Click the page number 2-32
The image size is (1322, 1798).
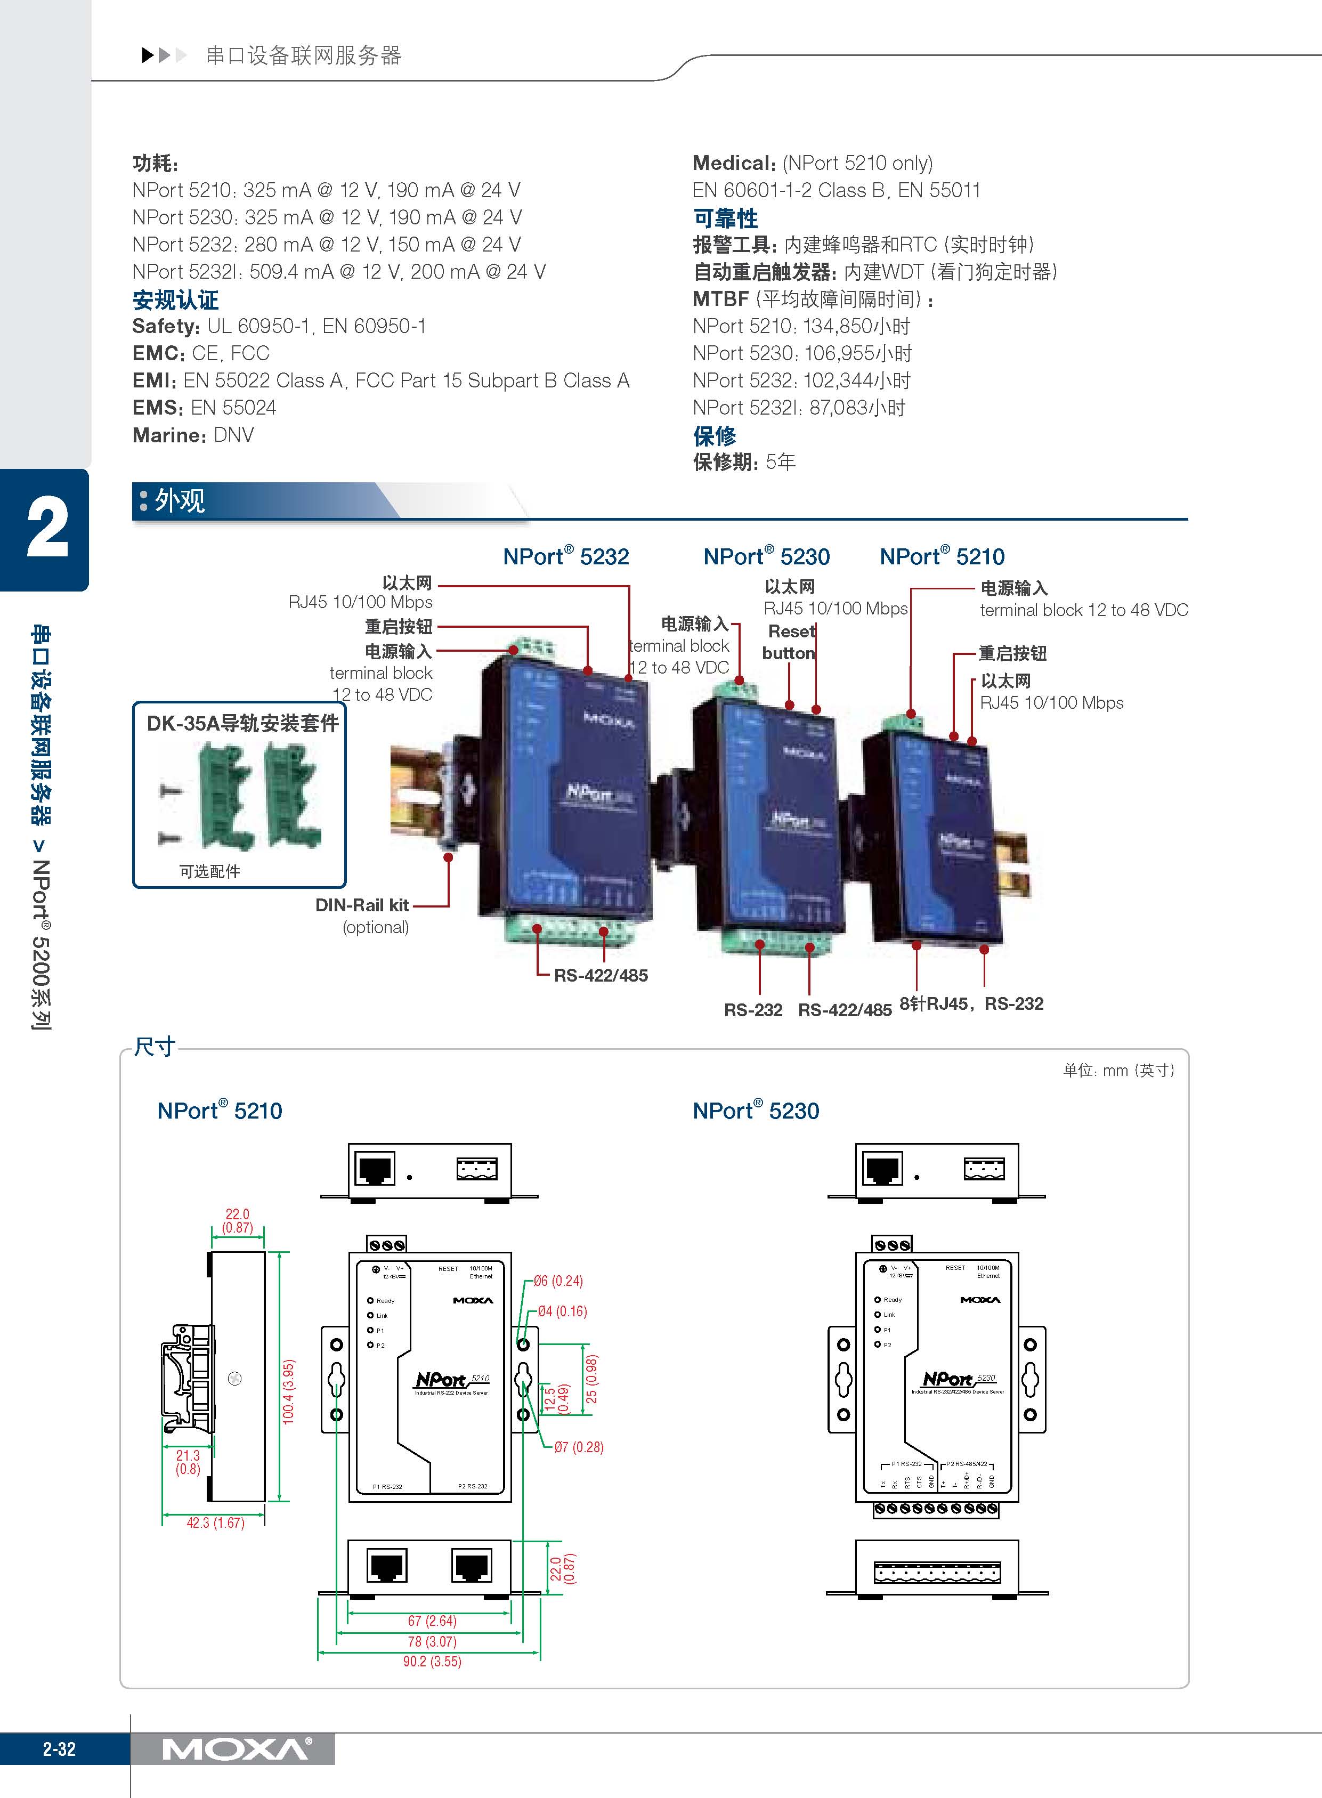[x=59, y=1749]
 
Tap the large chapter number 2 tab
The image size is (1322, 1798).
[x=46, y=528]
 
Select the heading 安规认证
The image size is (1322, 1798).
[x=175, y=300]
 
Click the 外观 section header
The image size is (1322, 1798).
[x=180, y=501]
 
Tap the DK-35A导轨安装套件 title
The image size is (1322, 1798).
[x=242, y=723]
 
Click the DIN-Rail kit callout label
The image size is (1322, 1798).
[x=362, y=905]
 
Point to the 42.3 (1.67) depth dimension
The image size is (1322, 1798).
[x=215, y=1522]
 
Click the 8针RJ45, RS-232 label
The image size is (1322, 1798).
[x=971, y=1003]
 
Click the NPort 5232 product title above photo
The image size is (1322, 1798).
[x=566, y=556]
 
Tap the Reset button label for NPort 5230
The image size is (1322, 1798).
[x=789, y=642]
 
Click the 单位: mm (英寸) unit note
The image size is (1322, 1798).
[x=1118, y=1070]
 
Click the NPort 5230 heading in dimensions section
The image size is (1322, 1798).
[x=756, y=1111]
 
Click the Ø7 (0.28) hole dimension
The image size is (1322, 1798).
[x=579, y=1447]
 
